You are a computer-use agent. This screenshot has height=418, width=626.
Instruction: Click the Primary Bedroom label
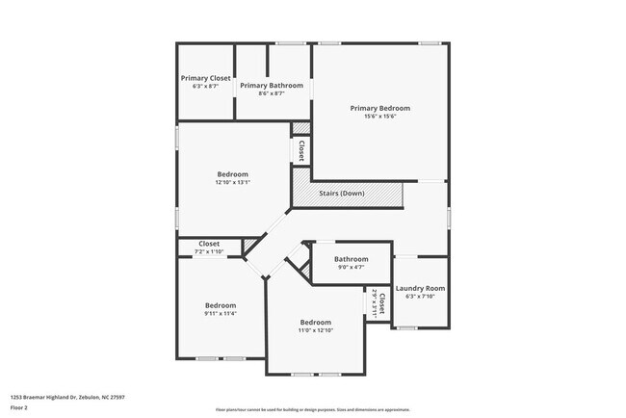tap(380, 108)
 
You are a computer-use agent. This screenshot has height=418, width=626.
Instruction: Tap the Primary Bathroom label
tap(272, 85)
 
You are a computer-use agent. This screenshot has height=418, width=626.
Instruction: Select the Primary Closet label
tap(206, 78)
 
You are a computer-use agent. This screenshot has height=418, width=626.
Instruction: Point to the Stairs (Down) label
tap(342, 194)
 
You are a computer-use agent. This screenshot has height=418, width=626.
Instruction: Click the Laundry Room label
tap(420, 288)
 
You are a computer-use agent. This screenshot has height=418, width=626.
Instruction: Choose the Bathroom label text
tap(351, 259)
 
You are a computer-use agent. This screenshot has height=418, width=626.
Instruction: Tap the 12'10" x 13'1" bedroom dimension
tap(232, 182)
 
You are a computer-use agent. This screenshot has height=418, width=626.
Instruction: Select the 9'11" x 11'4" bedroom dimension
tap(220, 313)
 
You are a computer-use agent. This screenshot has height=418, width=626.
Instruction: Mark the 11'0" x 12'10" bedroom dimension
tap(315, 330)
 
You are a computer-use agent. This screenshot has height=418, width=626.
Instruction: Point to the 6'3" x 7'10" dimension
tap(420, 297)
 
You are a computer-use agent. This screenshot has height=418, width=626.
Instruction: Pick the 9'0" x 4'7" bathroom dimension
tap(351, 268)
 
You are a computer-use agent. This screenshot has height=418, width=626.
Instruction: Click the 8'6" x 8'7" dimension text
tap(272, 93)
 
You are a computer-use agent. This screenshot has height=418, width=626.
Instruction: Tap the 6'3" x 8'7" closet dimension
tap(206, 87)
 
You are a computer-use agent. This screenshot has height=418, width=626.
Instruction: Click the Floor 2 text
tap(20, 408)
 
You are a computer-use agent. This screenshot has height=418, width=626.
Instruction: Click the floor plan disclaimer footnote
tap(312, 408)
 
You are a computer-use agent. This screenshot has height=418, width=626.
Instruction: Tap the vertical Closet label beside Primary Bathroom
tap(301, 150)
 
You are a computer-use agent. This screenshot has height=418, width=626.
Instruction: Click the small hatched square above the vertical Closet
tap(301, 128)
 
